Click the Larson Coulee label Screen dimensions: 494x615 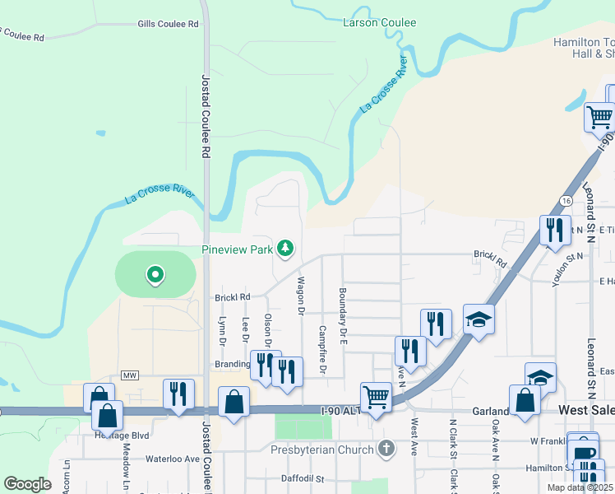coord(379,23)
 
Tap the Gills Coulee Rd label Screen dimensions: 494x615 coord(169,25)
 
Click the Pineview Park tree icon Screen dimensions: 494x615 coord(285,248)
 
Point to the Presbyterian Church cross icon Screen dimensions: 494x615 coord(386,449)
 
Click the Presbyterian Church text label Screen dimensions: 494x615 coord(323,450)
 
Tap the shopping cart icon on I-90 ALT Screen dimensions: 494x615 coord(377,397)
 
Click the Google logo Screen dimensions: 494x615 coord(27,484)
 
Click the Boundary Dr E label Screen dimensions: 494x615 coord(343,315)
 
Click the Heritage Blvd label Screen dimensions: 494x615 coord(123,434)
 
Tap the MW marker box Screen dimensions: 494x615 coord(129,375)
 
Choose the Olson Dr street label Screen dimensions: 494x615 coord(268,329)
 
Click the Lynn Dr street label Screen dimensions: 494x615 coord(221,329)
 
